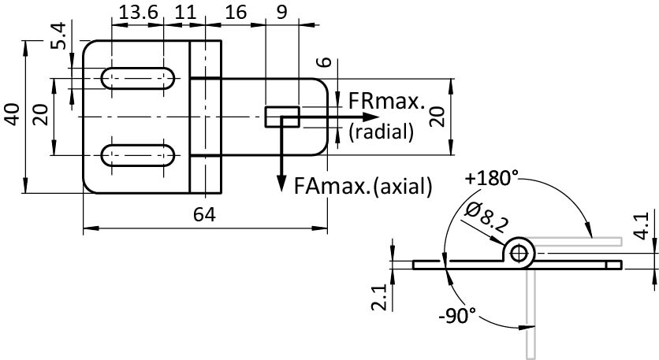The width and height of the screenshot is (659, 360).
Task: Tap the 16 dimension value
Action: coord(236,13)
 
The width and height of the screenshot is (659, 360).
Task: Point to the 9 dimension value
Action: coord(281,13)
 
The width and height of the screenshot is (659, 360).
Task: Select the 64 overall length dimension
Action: coord(204,214)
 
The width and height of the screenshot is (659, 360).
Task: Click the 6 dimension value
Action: coord(319,64)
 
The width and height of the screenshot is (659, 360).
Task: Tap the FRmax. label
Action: coord(385,102)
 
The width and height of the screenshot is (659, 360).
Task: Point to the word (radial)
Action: coord(381,132)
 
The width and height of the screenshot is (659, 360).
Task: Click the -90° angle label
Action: coord(458,317)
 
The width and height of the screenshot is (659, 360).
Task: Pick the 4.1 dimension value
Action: coord(642,225)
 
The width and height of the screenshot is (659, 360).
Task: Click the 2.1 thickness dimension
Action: coord(379,298)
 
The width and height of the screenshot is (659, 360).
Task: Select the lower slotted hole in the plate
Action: coord(139,154)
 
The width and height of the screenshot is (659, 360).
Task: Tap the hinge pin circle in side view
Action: coord(519,253)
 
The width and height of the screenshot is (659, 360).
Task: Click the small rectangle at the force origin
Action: coord(281,117)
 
